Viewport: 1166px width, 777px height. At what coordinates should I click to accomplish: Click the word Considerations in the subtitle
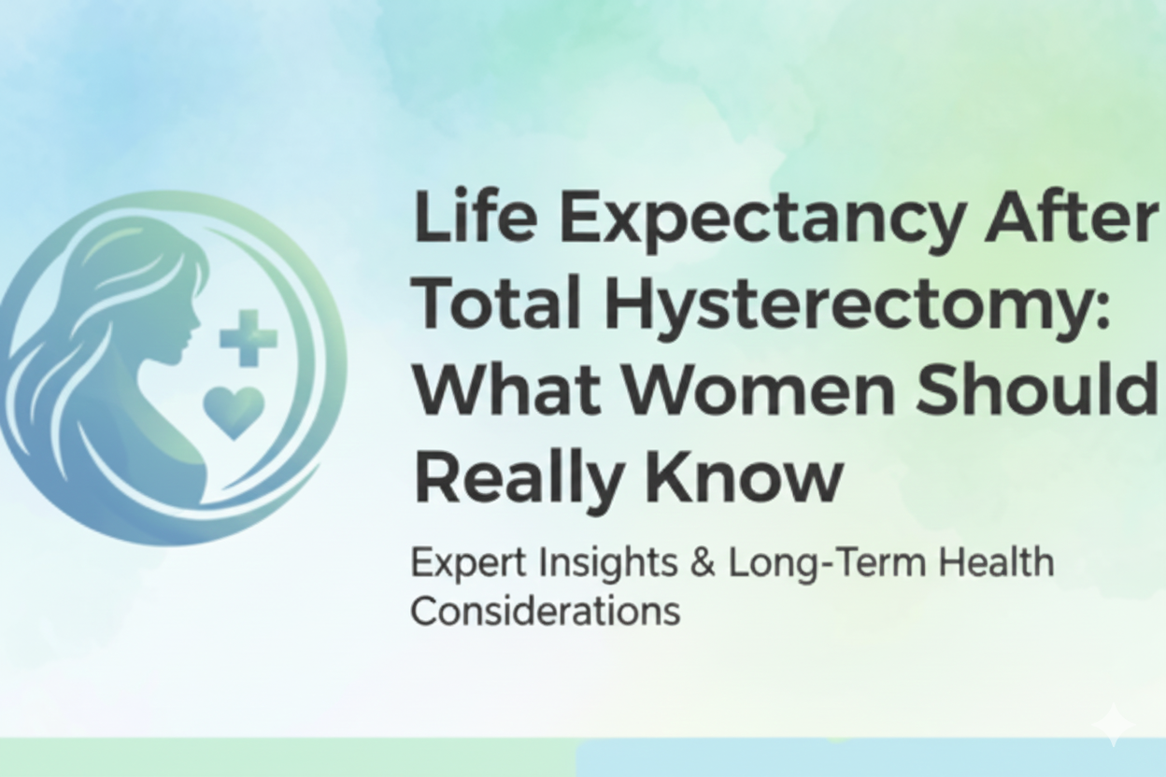(545, 612)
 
